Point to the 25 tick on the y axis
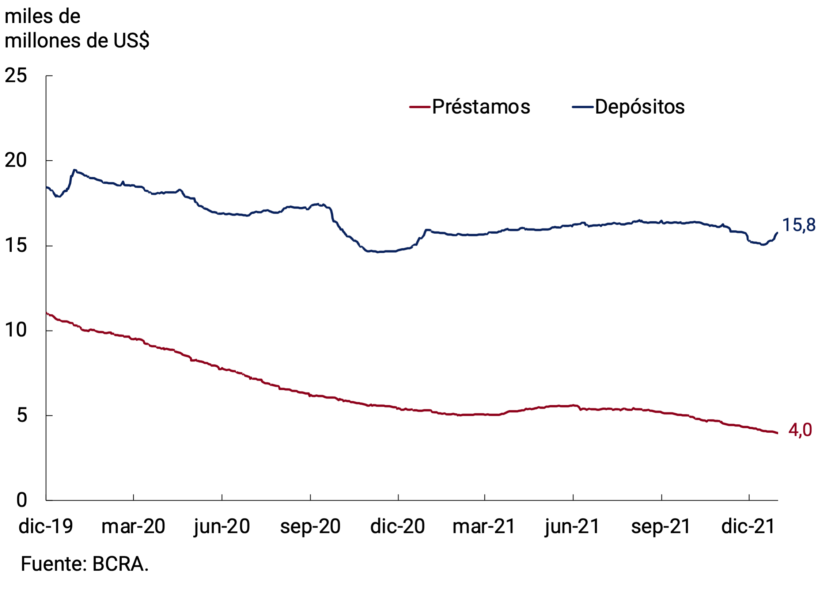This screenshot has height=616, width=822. pos(16,76)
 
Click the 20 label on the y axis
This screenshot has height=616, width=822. pos(16,160)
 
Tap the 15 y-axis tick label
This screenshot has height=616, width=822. pos(16,245)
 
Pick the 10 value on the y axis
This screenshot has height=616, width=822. pos(16,330)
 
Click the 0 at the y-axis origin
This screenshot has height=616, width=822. pos(22,500)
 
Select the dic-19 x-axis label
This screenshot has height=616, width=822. pos(46,526)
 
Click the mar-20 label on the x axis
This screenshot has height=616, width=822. pos(133,526)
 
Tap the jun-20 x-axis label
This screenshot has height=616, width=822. pos(222,526)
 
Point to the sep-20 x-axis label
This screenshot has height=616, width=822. pos(310,526)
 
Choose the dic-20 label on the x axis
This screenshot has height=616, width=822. pos(398,526)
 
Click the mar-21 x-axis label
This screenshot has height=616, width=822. pos(484,526)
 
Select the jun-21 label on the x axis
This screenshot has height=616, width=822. pos(572,526)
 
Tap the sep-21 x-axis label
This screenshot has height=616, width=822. pos(661,526)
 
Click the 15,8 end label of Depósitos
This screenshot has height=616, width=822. pos(799,225)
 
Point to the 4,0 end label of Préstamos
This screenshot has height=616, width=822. pos(800,430)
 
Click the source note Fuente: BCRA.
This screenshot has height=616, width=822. pos(85,564)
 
